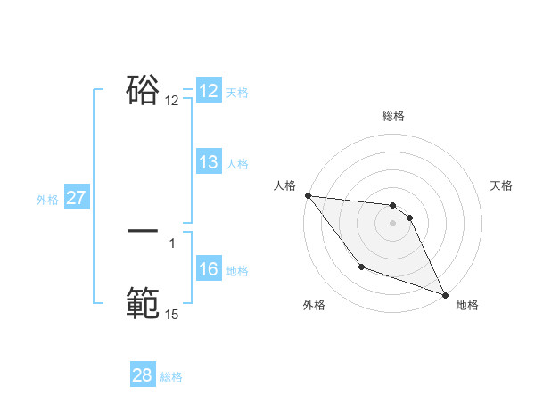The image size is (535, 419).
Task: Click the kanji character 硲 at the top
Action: pyautogui.click(x=143, y=90)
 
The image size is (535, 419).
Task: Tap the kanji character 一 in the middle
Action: pyautogui.click(x=143, y=231)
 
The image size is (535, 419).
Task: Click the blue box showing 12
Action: pyautogui.click(x=209, y=91)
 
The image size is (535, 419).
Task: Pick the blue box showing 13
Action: pyautogui.click(x=209, y=163)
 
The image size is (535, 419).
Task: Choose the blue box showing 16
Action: pyautogui.click(x=209, y=270)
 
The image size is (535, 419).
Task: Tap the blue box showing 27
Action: pyautogui.click(x=77, y=198)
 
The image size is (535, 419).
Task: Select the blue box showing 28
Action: pyautogui.click(x=143, y=375)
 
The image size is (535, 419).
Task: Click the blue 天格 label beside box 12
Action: pyautogui.click(x=237, y=93)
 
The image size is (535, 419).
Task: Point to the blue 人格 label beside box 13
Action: pyautogui.click(x=237, y=164)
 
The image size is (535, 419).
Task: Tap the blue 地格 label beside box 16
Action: pyautogui.click(x=237, y=271)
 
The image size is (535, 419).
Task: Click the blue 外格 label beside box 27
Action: pyautogui.click(x=47, y=200)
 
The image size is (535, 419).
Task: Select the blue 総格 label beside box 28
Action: pyautogui.click(x=171, y=377)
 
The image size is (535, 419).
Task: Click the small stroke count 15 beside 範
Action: pyautogui.click(x=171, y=315)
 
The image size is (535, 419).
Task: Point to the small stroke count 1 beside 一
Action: pyautogui.click(x=172, y=242)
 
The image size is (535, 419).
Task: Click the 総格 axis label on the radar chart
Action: pyautogui.click(x=393, y=116)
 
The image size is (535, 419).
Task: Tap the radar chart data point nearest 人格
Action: pyautogui.click(x=308, y=195)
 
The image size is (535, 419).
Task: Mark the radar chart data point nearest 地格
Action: pyautogui.click(x=445, y=295)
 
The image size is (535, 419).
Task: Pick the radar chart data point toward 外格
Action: pyautogui.click(x=361, y=267)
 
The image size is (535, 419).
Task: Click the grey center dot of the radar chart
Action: pyautogui.click(x=393, y=223)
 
